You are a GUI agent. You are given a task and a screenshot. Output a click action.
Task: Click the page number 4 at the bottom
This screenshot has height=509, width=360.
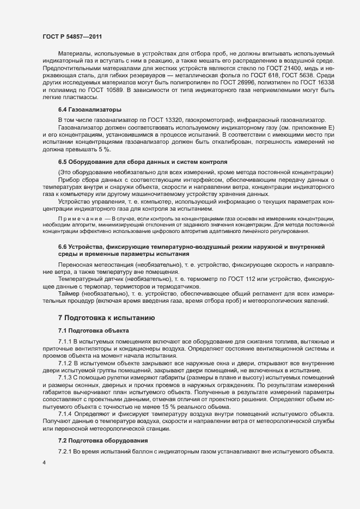(44, 463)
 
